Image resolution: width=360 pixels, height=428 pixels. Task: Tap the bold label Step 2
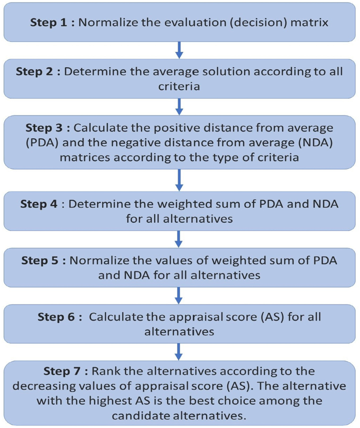click(37, 72)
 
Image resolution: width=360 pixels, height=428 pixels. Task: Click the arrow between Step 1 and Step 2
click(179, 50)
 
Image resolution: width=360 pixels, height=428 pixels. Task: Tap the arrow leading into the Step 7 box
click(179, 351)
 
